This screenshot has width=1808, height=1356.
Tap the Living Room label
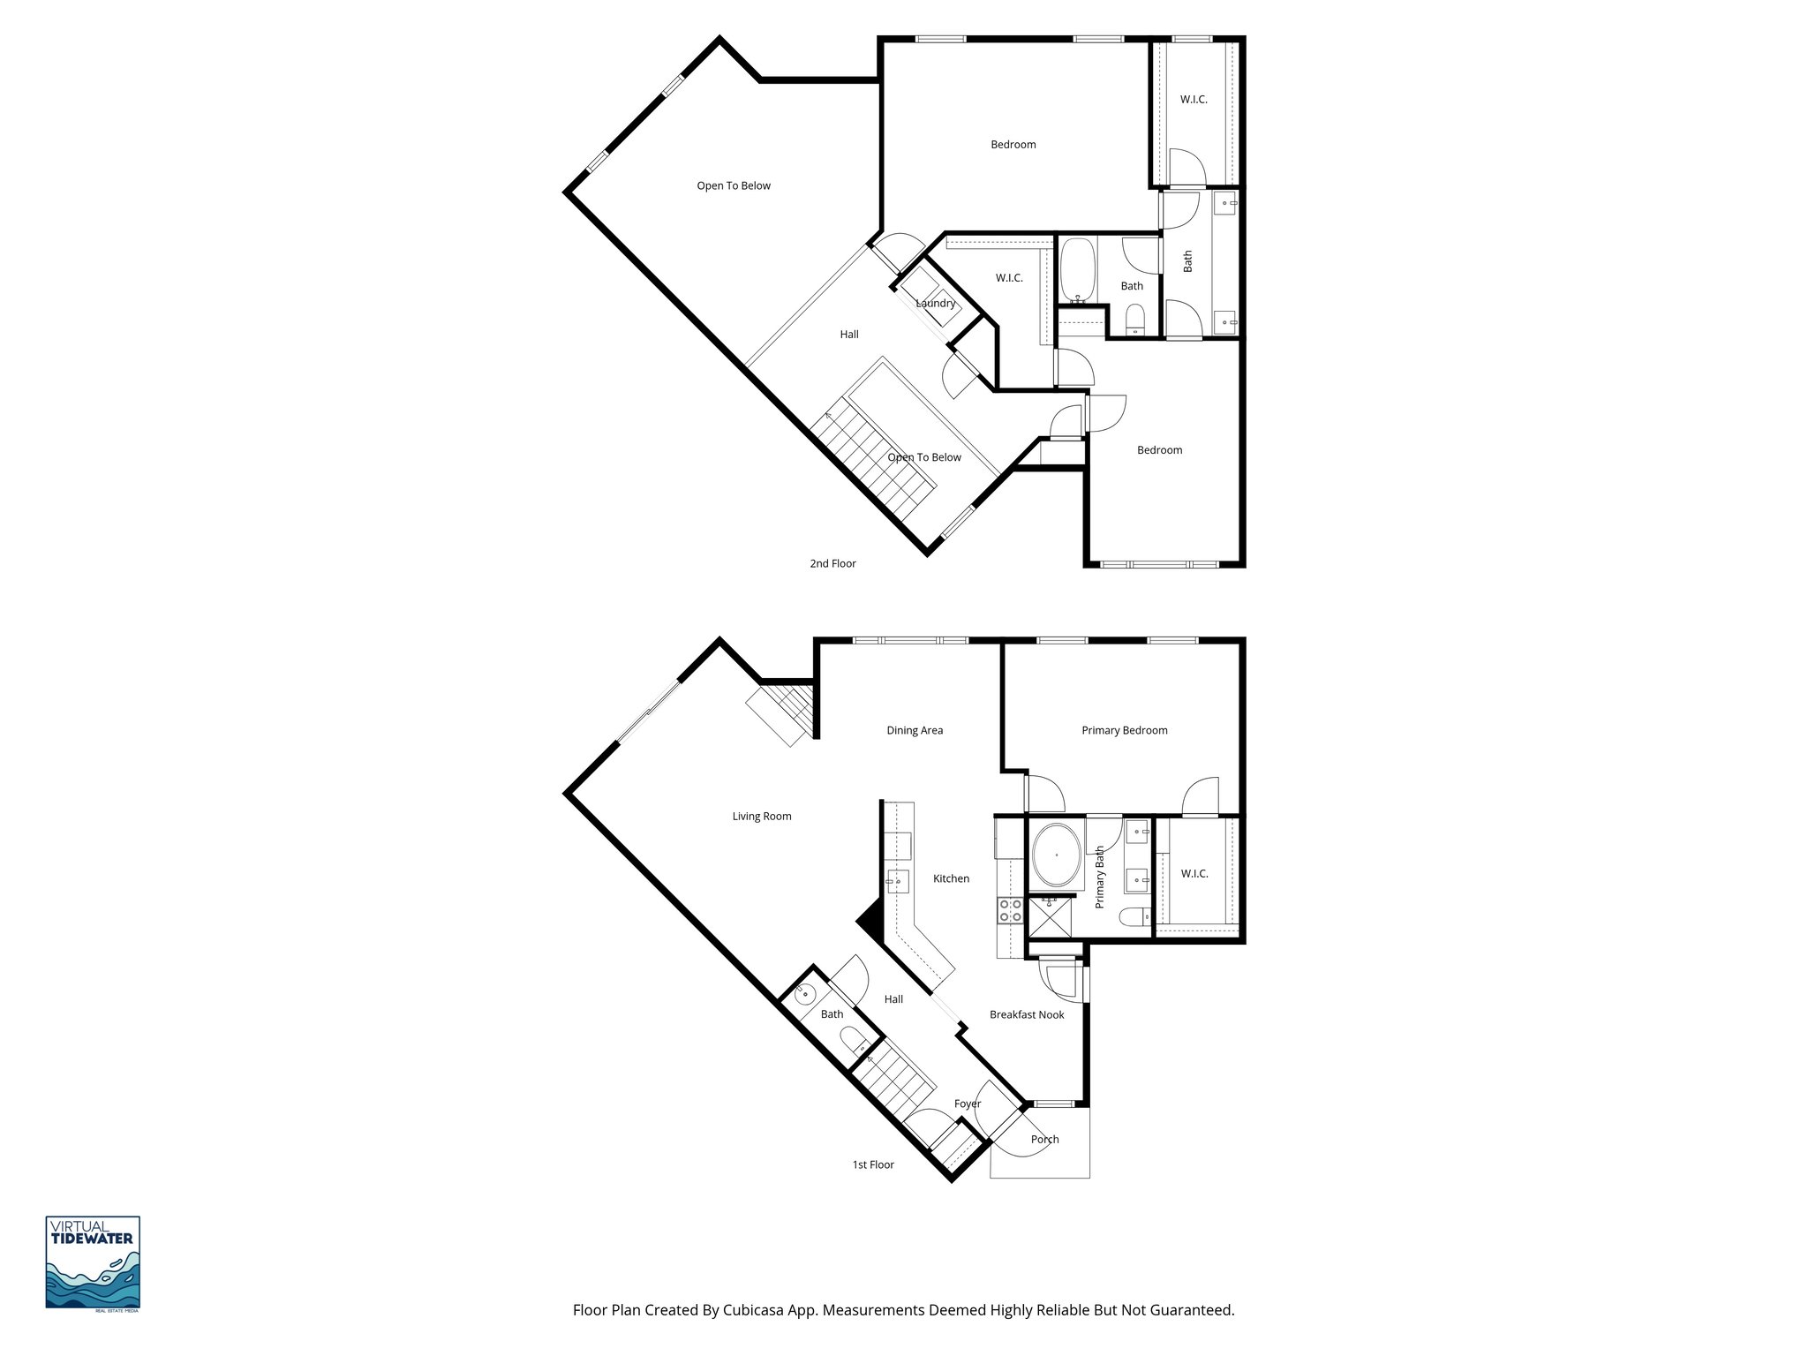[x=762, y=817]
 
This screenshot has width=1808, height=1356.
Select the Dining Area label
[x=915, y=730]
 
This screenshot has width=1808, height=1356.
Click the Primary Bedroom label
[x=1125, y=730]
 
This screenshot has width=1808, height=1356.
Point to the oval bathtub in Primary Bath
[x=1056, y=855]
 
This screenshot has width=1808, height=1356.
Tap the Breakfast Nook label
[x=1027, y=1015]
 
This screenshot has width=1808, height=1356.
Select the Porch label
[x=1044, y=1140]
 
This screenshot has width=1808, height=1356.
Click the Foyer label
[x=968, y=1104]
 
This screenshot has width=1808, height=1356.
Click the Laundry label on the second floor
[x=936, y=304]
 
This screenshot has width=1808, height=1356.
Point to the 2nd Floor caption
[x=832, y=563]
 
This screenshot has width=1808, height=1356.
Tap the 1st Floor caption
[x=873, y=1165]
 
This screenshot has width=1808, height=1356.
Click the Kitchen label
[x=952, y=878]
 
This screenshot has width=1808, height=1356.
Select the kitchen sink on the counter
[x=898, y=880]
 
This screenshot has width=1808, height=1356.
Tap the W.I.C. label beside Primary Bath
[x=1194, y=874]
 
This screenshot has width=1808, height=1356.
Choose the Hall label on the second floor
[x=849, y=335]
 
